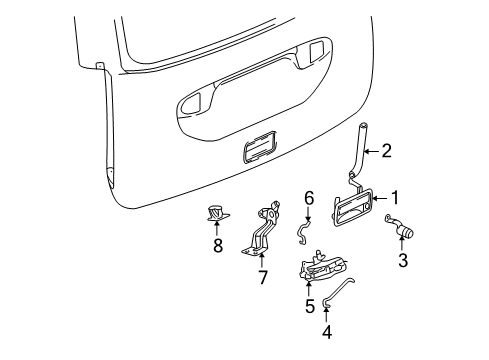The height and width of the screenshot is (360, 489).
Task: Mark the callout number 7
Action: point(263,276)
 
